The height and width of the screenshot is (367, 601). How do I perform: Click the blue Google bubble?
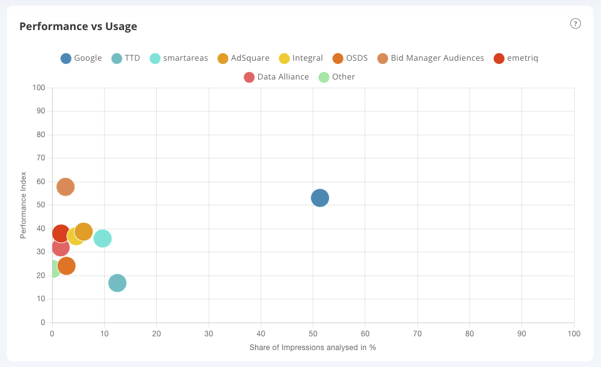(320, 198)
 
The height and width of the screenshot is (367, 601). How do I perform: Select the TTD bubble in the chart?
(117, 283)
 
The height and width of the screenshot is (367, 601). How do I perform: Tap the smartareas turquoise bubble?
(102, 239)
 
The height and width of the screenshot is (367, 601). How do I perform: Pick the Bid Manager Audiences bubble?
(65, 187)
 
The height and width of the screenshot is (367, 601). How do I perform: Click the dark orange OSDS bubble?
(67, 266)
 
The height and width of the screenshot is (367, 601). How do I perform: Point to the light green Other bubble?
(53, 269)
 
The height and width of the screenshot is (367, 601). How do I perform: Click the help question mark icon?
(575, 24)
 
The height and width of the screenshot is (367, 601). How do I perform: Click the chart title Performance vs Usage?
(78, 26)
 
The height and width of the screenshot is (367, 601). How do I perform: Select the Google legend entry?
(81, 58)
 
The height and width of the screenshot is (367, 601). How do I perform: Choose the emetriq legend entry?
(516, 58)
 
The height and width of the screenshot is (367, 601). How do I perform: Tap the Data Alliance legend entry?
(276, 77)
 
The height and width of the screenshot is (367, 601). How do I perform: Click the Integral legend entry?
(301, 58)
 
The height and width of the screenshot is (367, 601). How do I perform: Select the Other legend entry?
(337, 77)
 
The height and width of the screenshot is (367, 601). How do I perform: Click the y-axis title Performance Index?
(23, 205)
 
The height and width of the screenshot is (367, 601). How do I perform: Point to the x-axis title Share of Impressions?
(312, 347)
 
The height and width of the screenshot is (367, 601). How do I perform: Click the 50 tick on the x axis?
(313, 334)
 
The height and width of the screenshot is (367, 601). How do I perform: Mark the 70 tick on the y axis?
(41, 158)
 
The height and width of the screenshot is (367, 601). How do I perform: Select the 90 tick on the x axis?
(521, 334)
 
